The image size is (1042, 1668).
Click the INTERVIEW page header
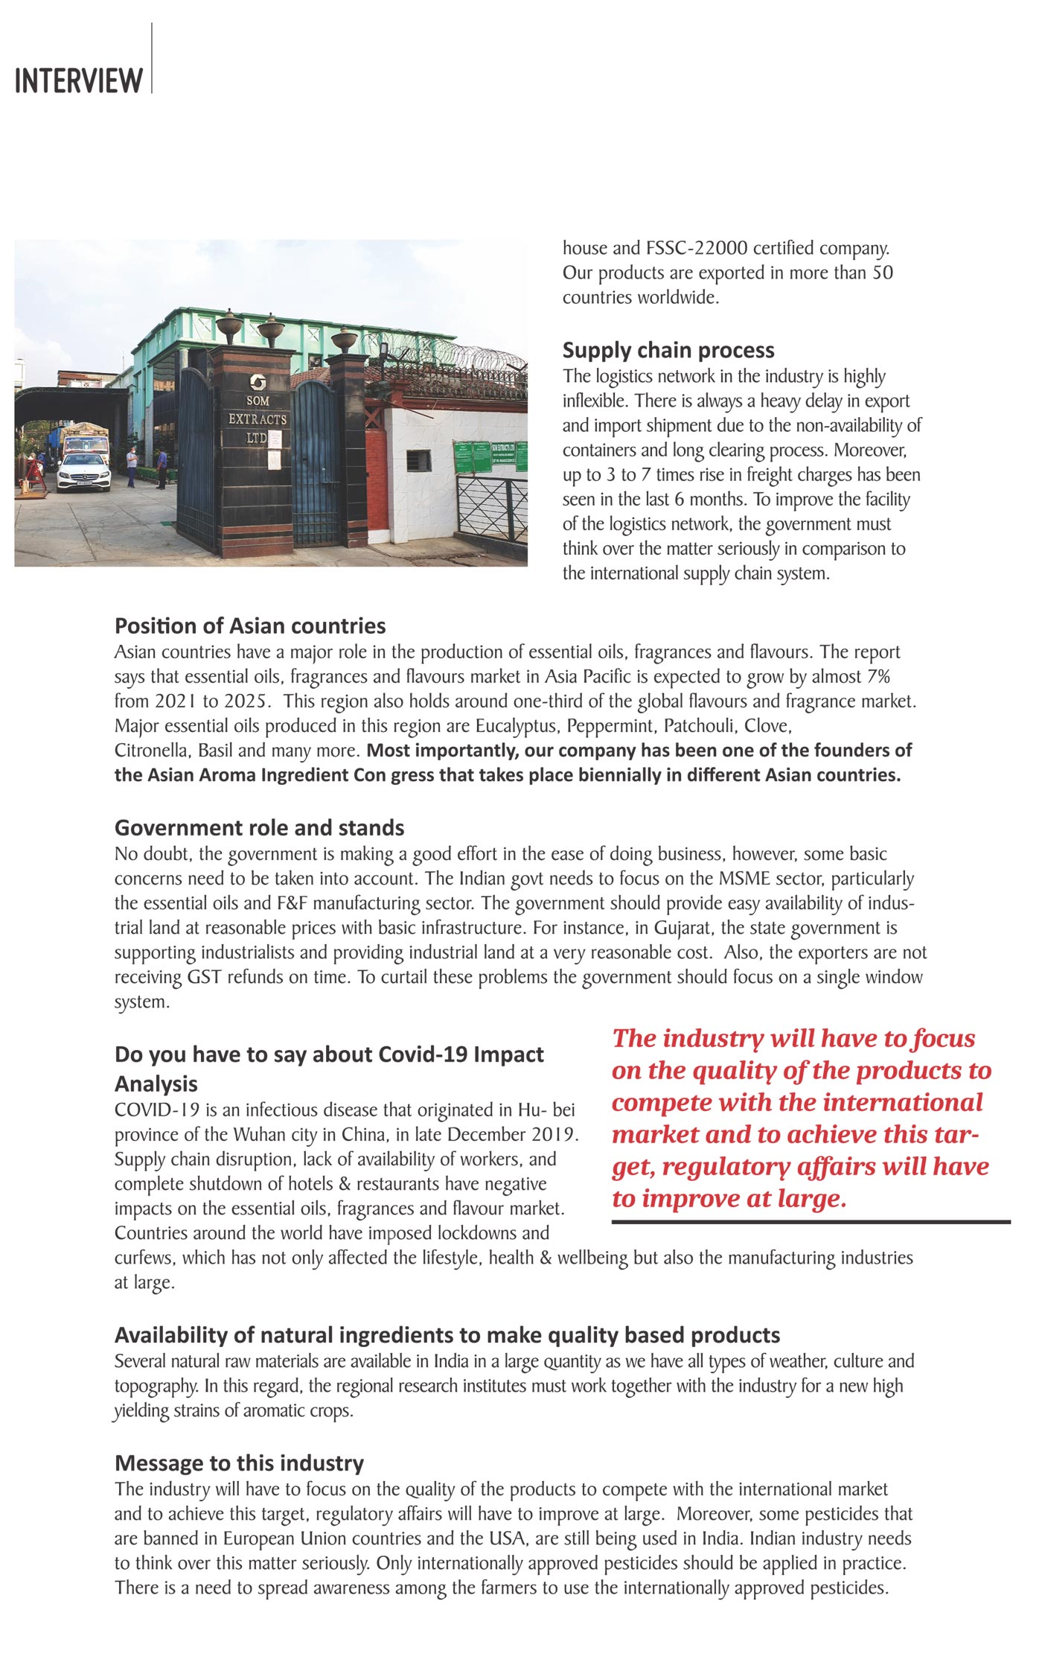78,80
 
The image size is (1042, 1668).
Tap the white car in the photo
83,471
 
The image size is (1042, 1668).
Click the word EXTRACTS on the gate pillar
257,419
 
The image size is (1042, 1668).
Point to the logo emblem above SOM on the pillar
257,382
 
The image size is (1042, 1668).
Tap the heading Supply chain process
668,350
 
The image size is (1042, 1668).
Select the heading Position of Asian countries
250,625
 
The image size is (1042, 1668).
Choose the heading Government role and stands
259,828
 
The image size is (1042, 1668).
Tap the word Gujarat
682,928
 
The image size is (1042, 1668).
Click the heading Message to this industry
239,1463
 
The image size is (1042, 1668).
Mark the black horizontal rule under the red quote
811,1222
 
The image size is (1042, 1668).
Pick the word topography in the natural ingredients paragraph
156,1386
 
